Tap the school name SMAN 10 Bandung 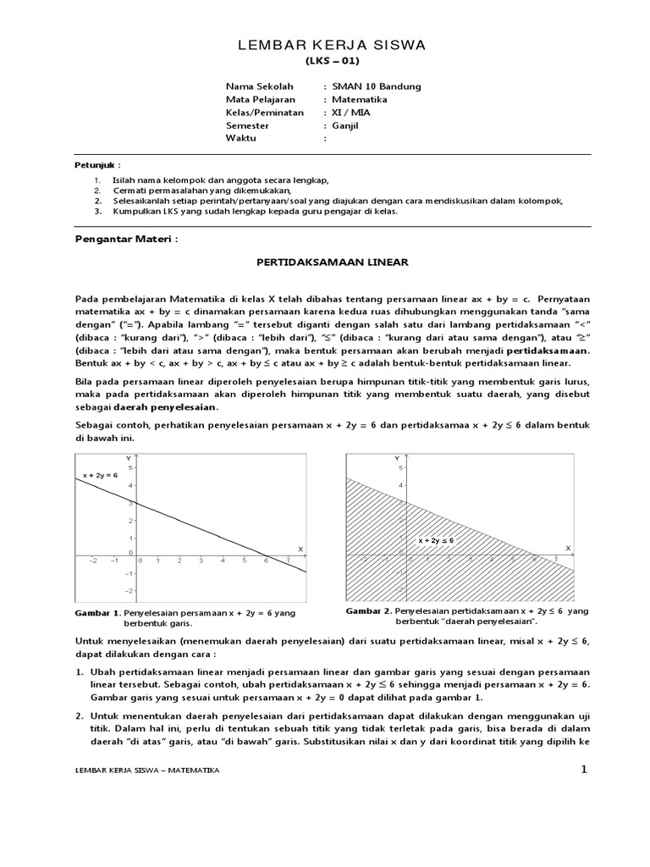377,86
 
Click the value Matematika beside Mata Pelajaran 364,99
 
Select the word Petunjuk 93,165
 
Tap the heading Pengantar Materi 127,240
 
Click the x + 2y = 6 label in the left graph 101,476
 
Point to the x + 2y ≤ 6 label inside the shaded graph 436,539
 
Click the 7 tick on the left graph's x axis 289,561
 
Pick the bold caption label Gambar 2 367,610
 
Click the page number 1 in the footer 583,769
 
